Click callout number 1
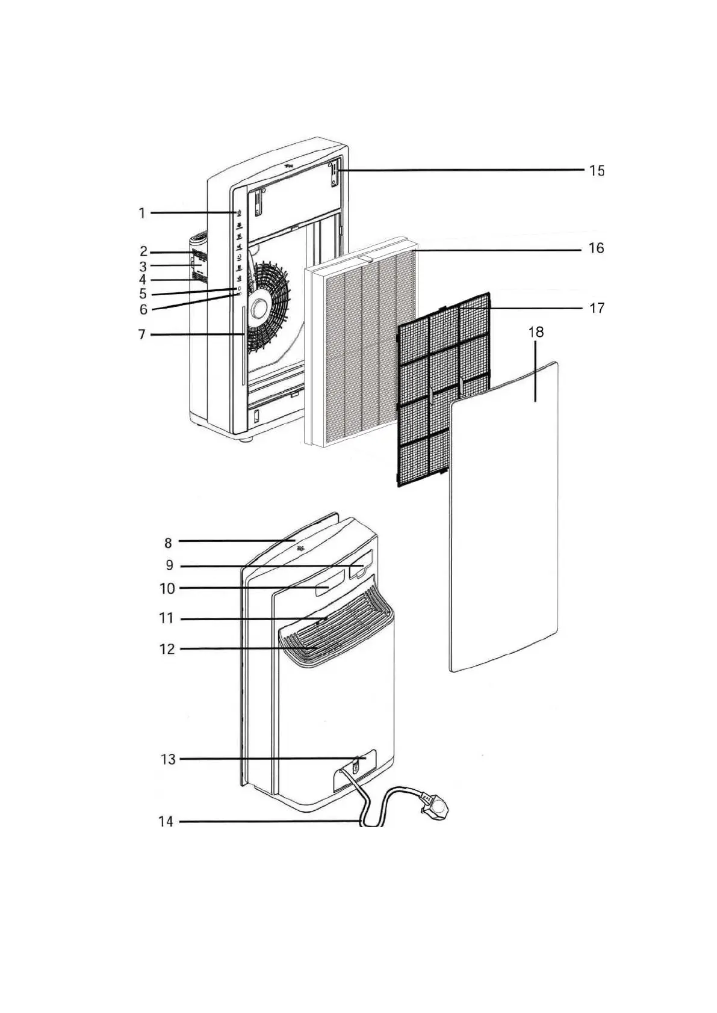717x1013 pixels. point(142,213)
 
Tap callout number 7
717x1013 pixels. point(142,334)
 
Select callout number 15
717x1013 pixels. point(596,171)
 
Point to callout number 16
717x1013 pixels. point(596,248)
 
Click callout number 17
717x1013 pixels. point(596,308)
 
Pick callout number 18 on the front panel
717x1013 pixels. point(535,332)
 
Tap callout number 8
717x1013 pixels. point(168,543)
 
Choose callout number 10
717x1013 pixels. point(167,588)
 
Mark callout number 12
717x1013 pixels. point(167,649)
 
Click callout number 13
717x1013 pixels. point(168,759)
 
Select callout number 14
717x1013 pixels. point(166,822)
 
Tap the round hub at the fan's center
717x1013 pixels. point(259,307)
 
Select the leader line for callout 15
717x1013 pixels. point(464,171)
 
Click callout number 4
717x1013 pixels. point(142,280)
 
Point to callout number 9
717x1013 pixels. point(169,565)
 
